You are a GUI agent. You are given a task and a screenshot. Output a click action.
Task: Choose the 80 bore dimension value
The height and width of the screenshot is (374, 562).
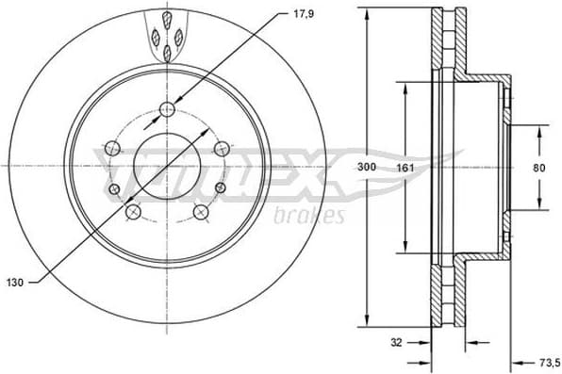538,167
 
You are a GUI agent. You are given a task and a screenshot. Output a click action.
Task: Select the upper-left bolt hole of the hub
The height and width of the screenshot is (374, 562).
113,147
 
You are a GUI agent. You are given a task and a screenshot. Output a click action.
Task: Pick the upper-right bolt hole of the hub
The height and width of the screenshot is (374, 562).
223,147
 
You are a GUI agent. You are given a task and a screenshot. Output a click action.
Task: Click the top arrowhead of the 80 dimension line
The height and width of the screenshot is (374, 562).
538,130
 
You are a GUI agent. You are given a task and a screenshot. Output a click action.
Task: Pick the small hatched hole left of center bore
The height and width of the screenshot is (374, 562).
115,189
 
